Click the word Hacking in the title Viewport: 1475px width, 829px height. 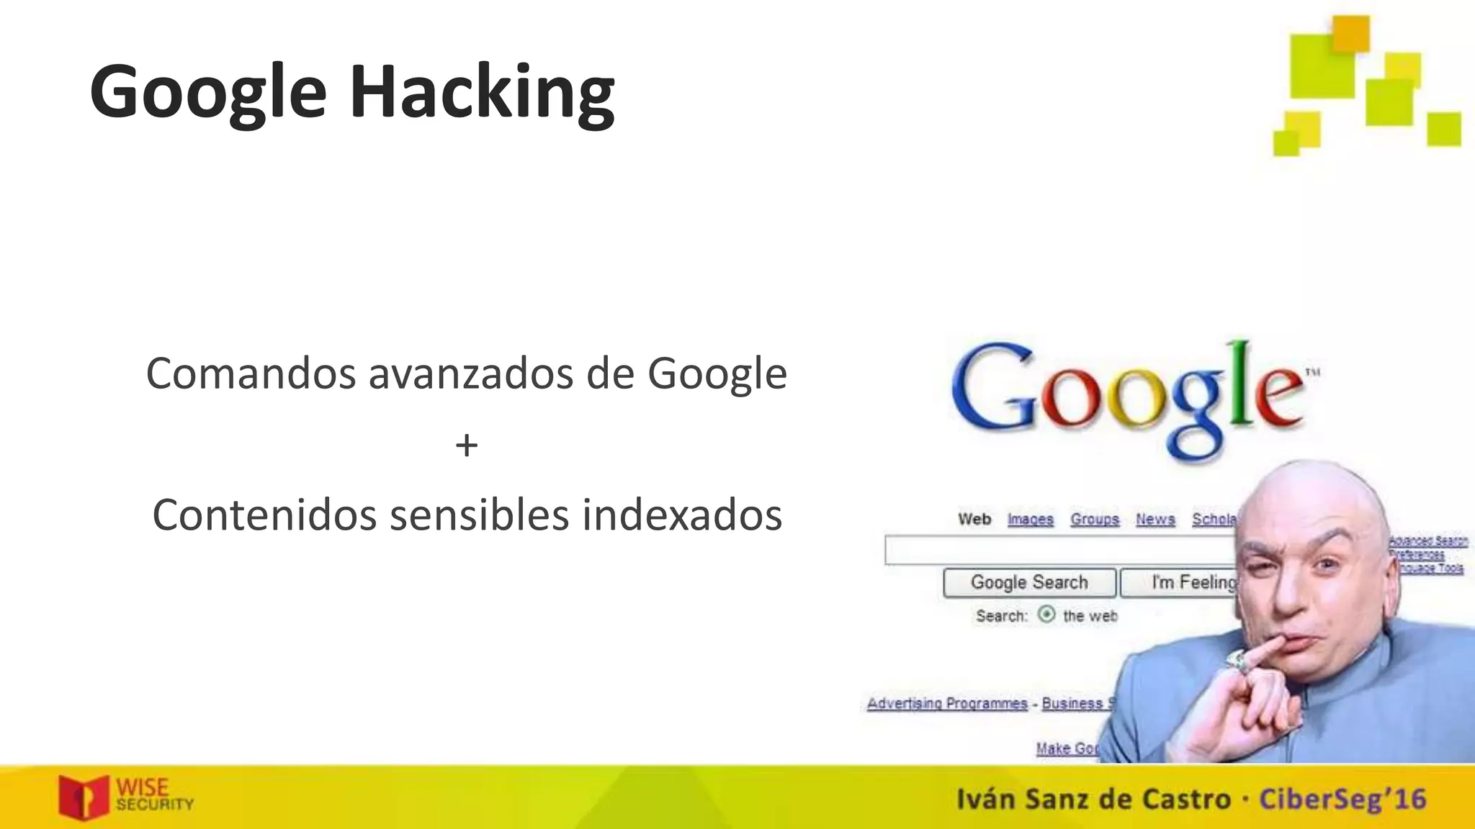pyautogui.click(x=482, y=92)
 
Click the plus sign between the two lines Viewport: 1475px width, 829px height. pyautogui.click(x=467, y=445)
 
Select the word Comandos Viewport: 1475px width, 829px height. pyautogui.click(x=251, y=373)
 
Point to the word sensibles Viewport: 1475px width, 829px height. pyautogui.click(x=480, y=515)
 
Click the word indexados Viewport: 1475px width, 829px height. pyautogui.click(x=682, y=515)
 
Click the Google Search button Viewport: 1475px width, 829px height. pyautogui.click(x=1029, y=582)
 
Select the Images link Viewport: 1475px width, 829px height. pyautogui.click(x=1030, y=519)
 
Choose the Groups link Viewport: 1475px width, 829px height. pyautogui.click(x=1095, y=519)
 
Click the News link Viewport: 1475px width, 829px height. pyautogui.click(x=1155, y=519)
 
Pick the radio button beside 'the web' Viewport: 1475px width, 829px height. pyautogui.click(x=1046, y=615)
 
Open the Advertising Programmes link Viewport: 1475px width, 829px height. pyautogui.click(x=947, y=703)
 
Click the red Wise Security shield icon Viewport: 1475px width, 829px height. pyautogui.click(x=84, y=797)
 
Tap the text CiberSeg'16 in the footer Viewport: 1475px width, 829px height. pyautogui.click(x=1342, y=799)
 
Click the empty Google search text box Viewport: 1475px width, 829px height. pyautogui.click(x=1059, y=551)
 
